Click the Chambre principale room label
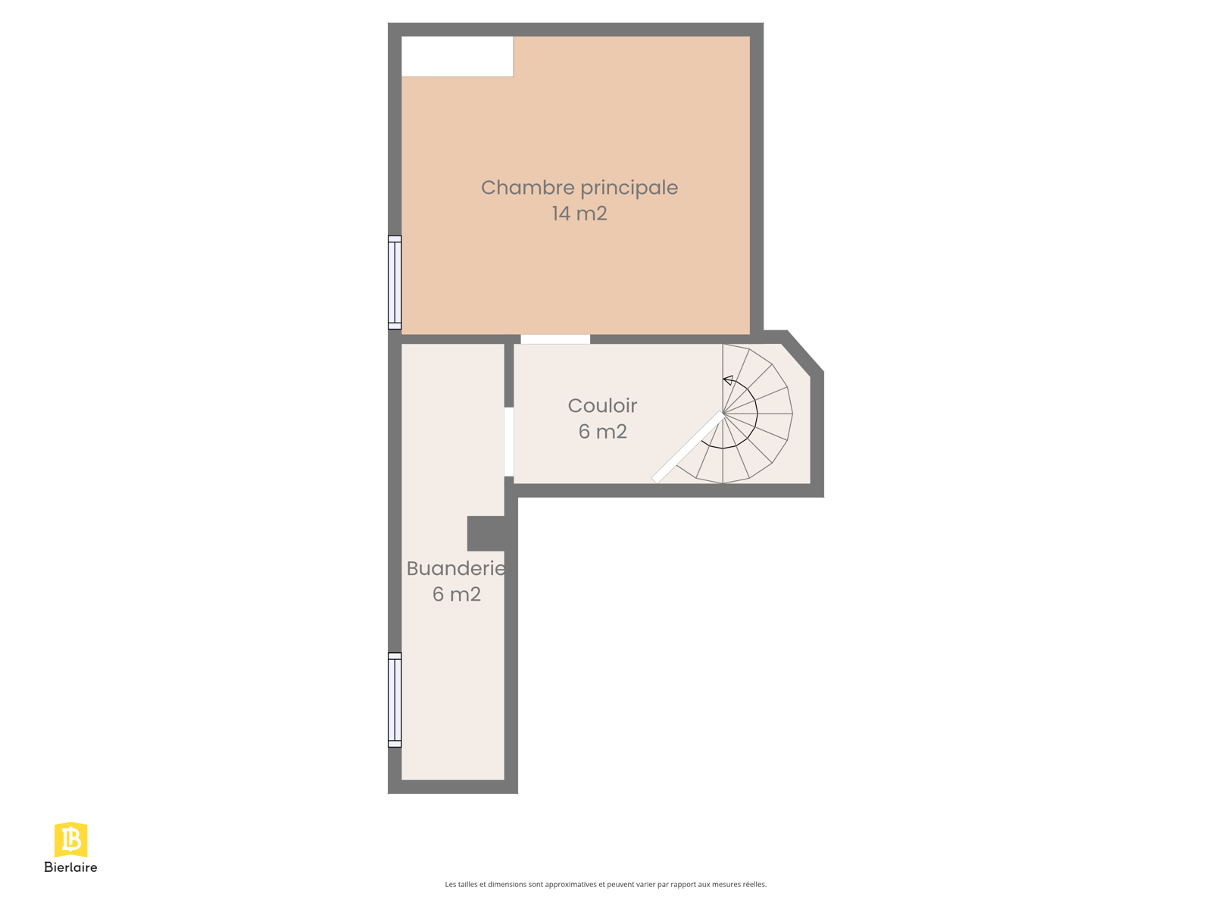point(579,189)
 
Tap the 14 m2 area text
point(579,214)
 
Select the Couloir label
point(602,406)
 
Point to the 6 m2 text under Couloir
point(602,432)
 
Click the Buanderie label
point(456,568)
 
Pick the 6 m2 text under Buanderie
point(457,595)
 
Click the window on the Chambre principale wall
point(395,283)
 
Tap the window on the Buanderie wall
point(395,700)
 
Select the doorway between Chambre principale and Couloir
point(555,339)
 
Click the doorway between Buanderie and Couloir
point(509,442)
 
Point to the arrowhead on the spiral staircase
point(728,380)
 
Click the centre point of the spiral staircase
point(723,412)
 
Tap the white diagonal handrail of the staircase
point(688,448)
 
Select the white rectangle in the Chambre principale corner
point(458,56)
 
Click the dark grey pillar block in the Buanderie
point(486,534)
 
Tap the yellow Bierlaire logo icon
point(70,839)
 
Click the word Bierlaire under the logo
point(70,867)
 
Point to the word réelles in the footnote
point(754,884)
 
